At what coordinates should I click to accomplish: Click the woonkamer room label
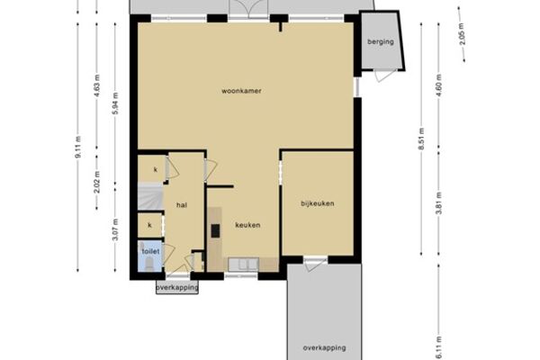click(241, 91)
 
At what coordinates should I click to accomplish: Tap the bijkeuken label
click(318, 203)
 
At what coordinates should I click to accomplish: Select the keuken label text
click(247, 225)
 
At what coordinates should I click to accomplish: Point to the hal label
click(182, 205)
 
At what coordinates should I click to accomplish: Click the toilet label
click(151, 251)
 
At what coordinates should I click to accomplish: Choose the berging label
click(381, 41)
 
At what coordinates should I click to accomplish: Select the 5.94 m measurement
click(116, 103)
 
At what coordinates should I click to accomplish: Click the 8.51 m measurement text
click(421, 139)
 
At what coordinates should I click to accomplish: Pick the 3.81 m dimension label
click(439, 203)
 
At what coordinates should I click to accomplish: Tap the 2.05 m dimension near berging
click(463, 34)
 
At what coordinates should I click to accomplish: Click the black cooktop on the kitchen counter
click(215, 230)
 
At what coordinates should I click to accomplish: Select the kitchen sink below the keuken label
click(243, 265)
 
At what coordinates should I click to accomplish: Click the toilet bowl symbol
click(149, 265)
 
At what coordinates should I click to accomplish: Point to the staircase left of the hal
click(150, 196)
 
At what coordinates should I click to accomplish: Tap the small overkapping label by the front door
click(177, 287)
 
